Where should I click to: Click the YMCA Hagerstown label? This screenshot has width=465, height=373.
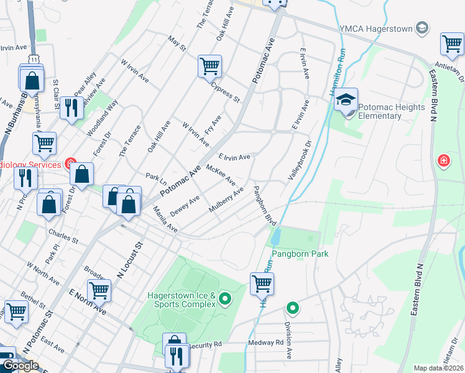[376, 28]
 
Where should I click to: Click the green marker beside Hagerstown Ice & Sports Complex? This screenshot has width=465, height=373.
[226, 300]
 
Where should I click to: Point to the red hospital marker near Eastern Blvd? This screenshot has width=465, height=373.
[443, 160]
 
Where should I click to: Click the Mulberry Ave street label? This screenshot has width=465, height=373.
[226, 202]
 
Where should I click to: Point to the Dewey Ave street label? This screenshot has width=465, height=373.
[185, 205]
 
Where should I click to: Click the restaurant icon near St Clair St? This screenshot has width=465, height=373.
[72, 107]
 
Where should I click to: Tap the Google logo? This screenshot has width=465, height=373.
[21, 366]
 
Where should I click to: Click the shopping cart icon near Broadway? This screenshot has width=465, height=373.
[99, 290]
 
